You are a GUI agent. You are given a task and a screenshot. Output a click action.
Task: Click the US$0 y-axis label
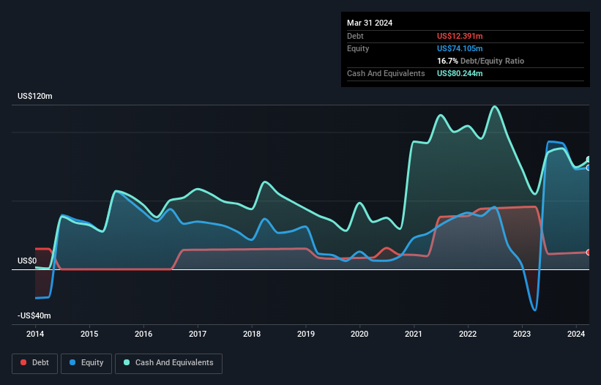pos(27,261)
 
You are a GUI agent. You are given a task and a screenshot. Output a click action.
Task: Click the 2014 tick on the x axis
pos(35,334)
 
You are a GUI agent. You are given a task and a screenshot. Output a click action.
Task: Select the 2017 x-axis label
pos(198,334)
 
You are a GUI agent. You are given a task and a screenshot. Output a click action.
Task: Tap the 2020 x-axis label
pos(359,334)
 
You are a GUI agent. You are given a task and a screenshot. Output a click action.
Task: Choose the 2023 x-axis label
pos(522,334)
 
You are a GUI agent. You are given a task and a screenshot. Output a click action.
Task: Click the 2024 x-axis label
pos(576,334)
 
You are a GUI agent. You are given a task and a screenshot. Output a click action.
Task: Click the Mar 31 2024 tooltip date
pos(370,23)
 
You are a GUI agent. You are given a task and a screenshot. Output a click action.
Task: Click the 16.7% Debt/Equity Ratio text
pos(480,61)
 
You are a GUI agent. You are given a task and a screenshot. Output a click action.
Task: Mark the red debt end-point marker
pos(588,252)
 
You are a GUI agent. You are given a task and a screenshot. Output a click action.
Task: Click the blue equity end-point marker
pos(588,168)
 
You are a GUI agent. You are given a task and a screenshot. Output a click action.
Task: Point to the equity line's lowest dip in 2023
pos(534,310)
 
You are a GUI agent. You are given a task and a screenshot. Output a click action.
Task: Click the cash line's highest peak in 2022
pos(496,106)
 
